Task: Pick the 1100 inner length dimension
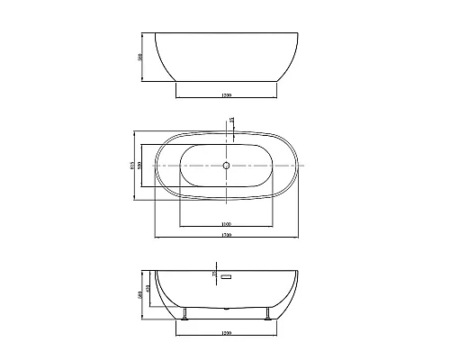(x=227, y=223)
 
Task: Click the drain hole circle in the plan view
(x=227, y=166)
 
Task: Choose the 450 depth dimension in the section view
(x=148, y=288)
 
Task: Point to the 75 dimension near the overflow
(x=213, y=274)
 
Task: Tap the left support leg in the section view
(x=185, y=313)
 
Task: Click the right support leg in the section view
(x=267, y=313)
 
